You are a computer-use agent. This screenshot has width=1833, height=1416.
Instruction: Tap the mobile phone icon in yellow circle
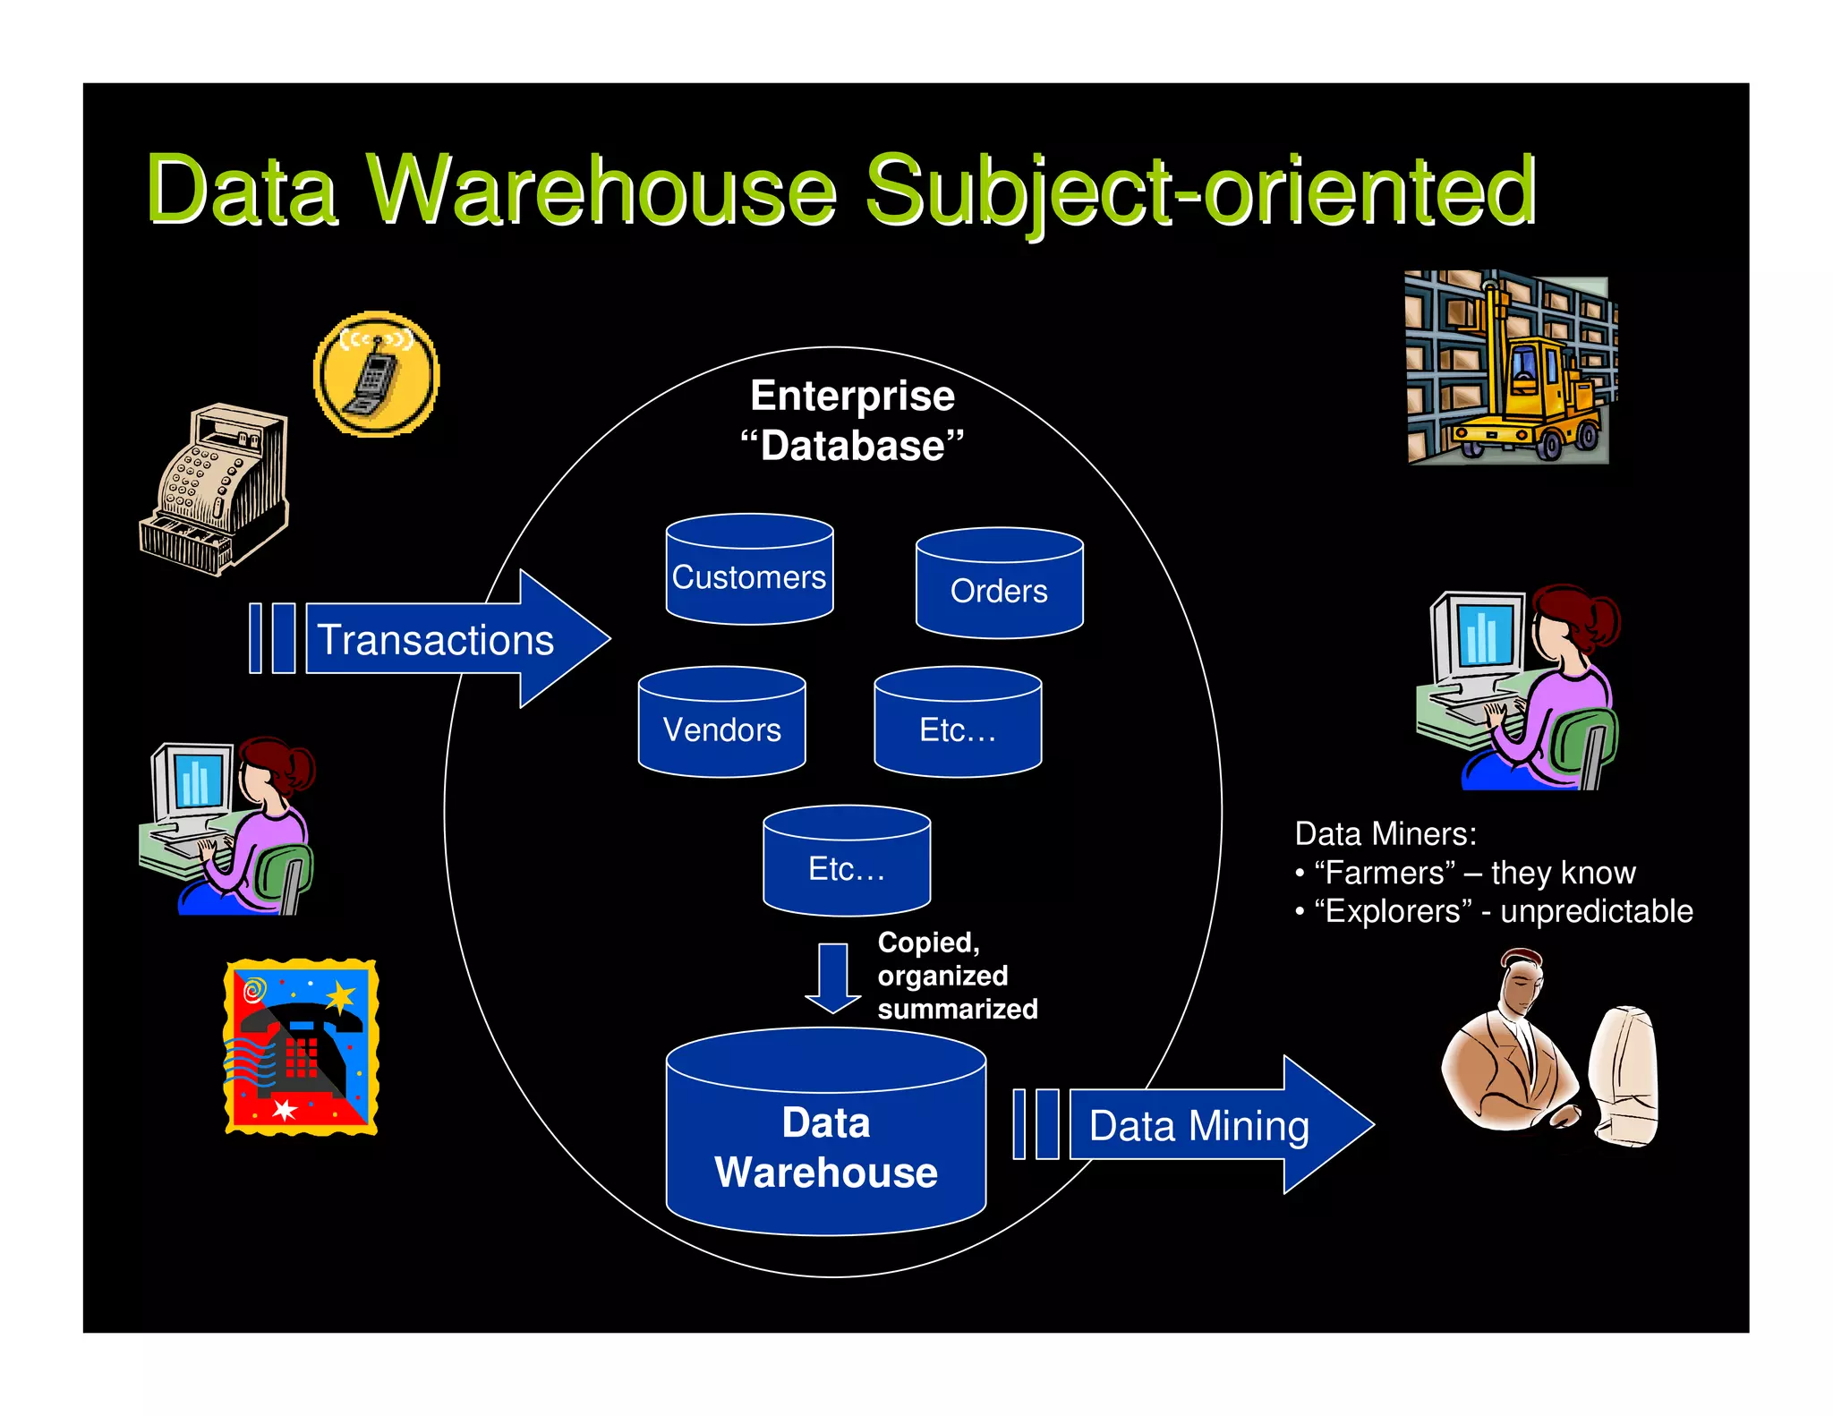point(376,374)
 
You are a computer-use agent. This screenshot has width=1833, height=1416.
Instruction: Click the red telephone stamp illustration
point(301,1047)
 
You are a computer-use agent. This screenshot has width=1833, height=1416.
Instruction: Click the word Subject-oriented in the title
point(1199,191)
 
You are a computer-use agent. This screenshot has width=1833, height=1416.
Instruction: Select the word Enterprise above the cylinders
point(852,396)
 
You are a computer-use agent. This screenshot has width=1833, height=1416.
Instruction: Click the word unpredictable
point(1596,911)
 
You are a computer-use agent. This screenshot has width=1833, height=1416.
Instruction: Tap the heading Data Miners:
point(1385,834)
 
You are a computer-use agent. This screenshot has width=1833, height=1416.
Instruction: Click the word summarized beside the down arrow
point(957,1010)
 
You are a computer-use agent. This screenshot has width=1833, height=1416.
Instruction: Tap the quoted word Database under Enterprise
point(852,446)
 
